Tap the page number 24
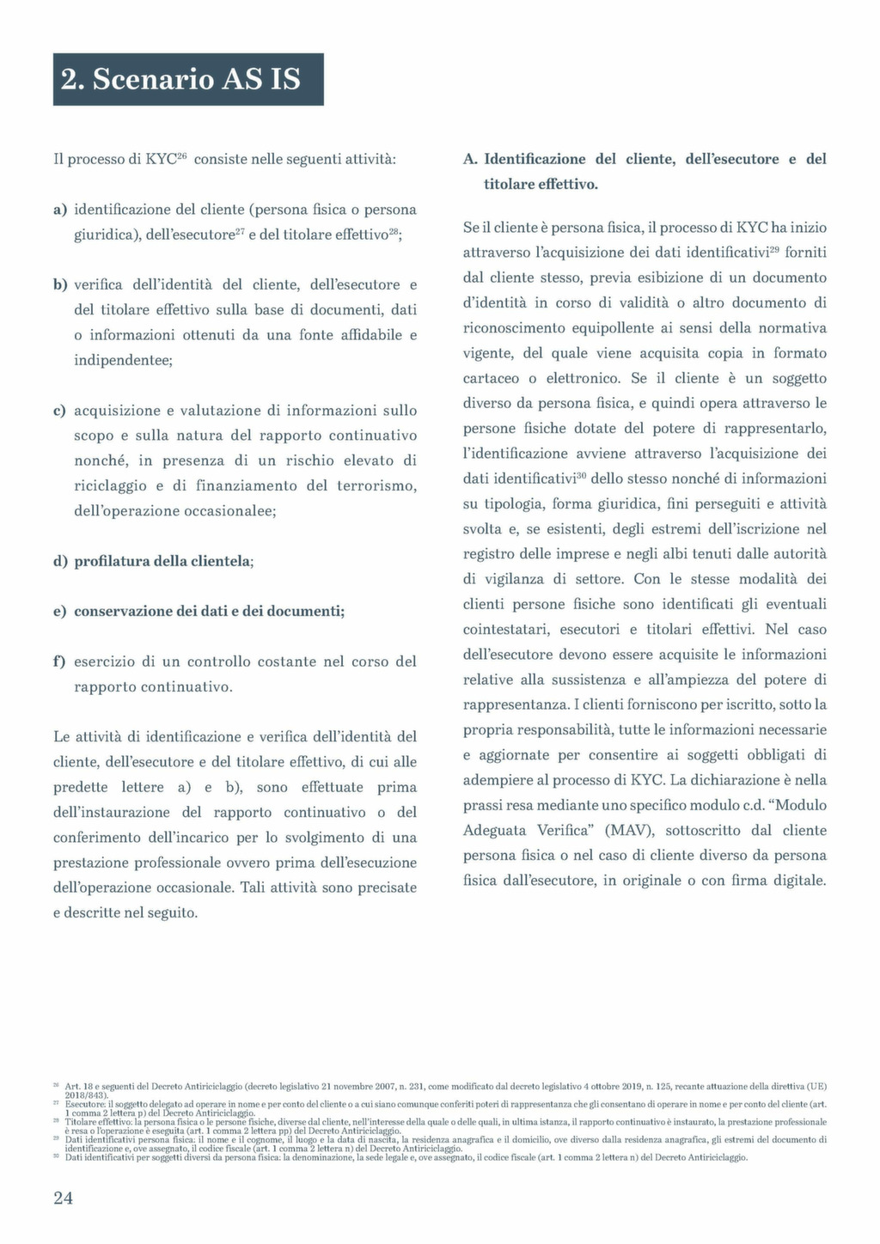click(x=63, y=1198)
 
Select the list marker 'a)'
click(x=60, y=210)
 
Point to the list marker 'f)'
click(x=60, y=662)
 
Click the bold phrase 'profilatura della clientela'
click(x=162, y=561)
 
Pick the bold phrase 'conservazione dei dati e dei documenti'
click(x=208, y=612)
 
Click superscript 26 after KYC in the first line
click(x=182, y=155)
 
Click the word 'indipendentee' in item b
click(x=123, y=360)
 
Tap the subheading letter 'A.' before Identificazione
click(x=470, y=160)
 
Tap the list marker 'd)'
click(x=60, y=561)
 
